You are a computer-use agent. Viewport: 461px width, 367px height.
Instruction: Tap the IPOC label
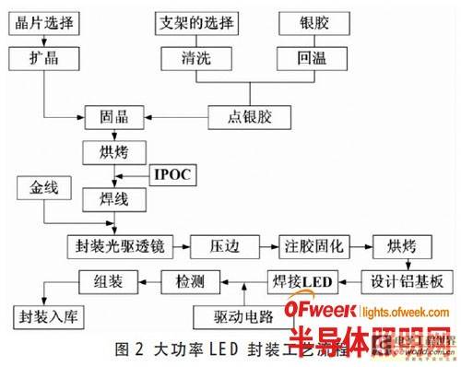[173, 173]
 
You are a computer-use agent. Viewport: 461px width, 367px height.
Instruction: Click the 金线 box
[41, 189]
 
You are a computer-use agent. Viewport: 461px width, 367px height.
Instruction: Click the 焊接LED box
[299, 280]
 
